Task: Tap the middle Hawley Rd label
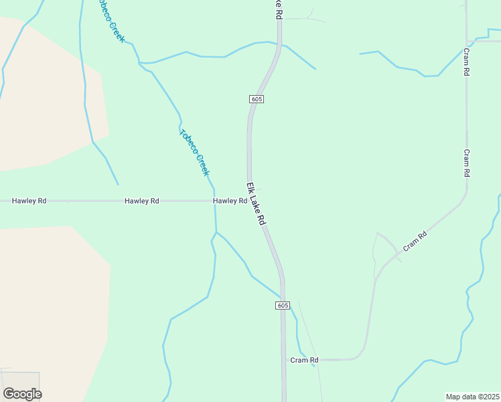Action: click(x=141, y=200)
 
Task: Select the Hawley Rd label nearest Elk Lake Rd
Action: click(x=230, y=200)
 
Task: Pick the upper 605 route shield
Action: click(x=257, y=99)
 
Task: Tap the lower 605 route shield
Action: click(x=283, y=306)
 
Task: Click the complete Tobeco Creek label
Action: click(x=195, y=152)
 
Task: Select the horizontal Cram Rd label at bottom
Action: click(x=304, y=360)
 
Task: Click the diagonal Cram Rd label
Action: click(x=414, y=242)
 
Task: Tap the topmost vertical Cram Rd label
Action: click(x=466, y=62)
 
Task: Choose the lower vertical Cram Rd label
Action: click(x=467, y=163)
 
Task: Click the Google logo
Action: click(x=22, y=394)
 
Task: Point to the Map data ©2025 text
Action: click(x=473, y=397)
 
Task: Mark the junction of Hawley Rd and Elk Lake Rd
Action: click(x=249, y=200)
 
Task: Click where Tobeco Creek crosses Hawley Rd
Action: click(x=215, y=200)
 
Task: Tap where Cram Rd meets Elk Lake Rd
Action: click(x=283, y=360)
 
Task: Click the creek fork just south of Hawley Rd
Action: click(x=216, y=232)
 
